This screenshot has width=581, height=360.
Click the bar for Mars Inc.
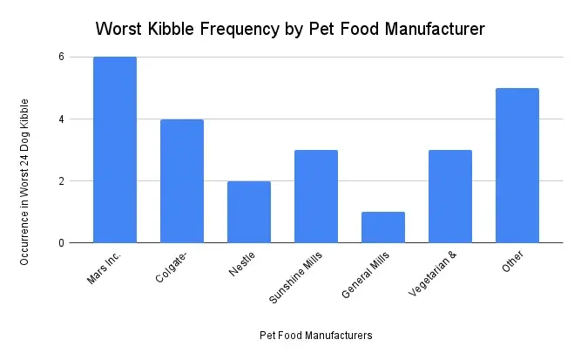pos(115,150)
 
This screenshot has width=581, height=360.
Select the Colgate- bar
pos(182,181)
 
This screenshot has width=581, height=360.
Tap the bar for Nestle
pos(249,212)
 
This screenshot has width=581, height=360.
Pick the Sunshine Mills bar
pos(316,196)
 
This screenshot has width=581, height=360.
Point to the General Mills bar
pos(383,228)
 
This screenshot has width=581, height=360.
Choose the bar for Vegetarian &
pos(450,196)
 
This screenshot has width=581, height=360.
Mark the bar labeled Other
pos(517,166)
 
